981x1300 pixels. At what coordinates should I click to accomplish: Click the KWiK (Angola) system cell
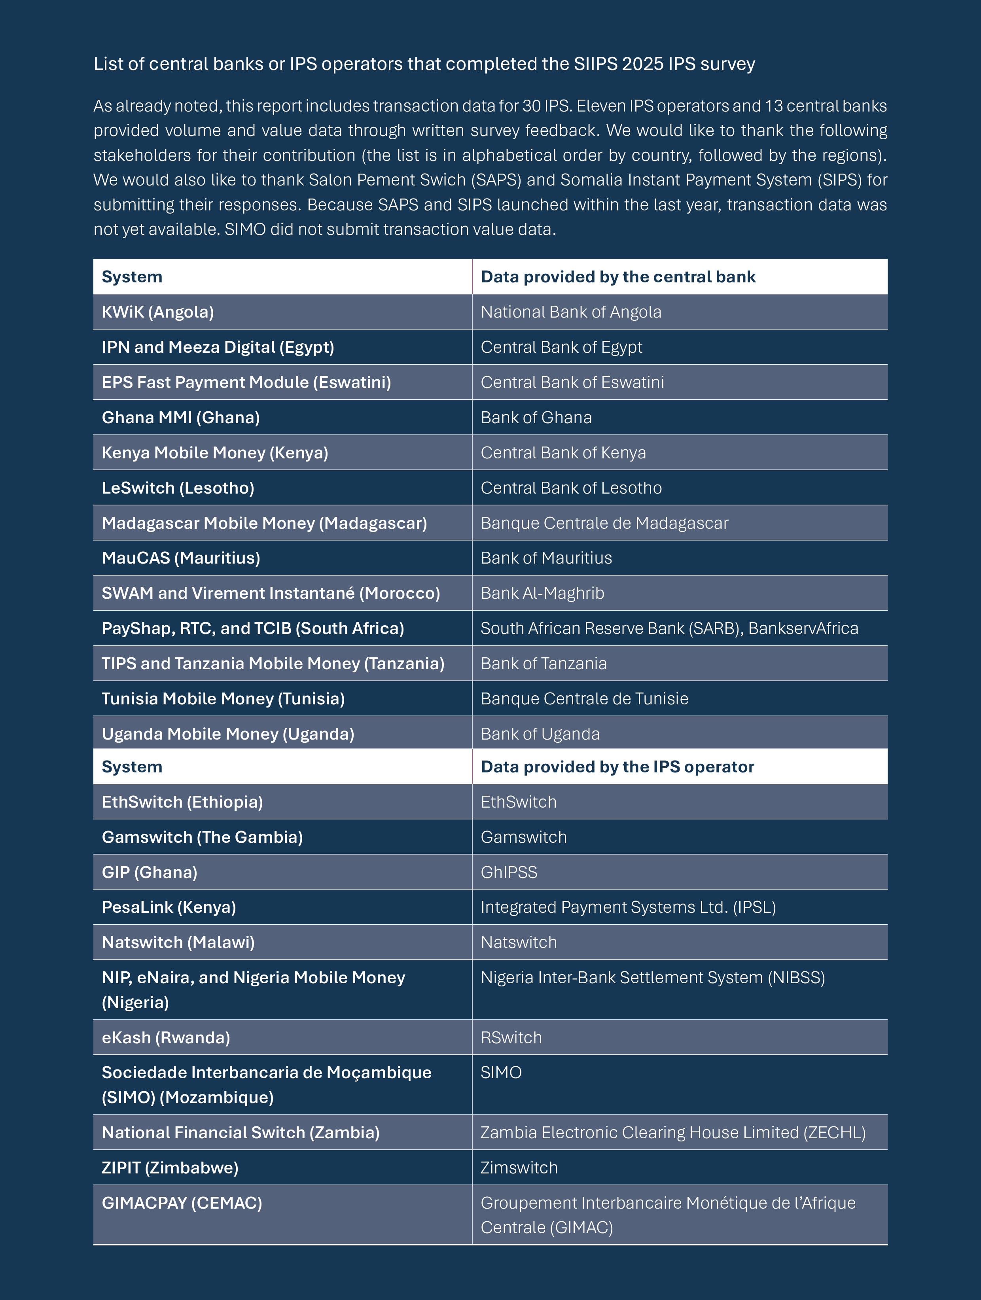(157, 312)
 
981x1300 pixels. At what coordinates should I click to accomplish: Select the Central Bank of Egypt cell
(561, 347)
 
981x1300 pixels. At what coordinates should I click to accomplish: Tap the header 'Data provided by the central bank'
(618, 277)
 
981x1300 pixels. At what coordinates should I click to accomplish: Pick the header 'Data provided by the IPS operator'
(617, 767)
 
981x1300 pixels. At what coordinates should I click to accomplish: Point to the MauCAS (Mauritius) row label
(180, 558)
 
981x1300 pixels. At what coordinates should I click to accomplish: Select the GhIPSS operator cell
(508, 872)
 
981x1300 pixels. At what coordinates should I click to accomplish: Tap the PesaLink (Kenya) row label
(169, 907)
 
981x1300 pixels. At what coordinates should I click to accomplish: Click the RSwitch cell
(511, 1038)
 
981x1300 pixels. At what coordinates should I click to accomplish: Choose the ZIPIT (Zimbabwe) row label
(170, 1168)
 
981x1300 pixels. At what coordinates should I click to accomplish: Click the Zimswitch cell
(519, 1168)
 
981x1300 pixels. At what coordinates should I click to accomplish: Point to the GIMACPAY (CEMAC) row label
(182, 1203)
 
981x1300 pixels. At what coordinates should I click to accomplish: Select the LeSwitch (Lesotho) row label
(178, 488)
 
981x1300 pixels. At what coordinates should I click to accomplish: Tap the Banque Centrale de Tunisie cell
(584, 699)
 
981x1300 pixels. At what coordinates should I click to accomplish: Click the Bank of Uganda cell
(540, 734)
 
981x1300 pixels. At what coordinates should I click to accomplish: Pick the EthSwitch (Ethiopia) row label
(182, 802)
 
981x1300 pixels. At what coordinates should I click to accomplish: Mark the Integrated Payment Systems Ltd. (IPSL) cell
(628, 907)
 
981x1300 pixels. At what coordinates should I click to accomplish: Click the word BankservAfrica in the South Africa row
(803, 628)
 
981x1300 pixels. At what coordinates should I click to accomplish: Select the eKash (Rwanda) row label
(166, 1038)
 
